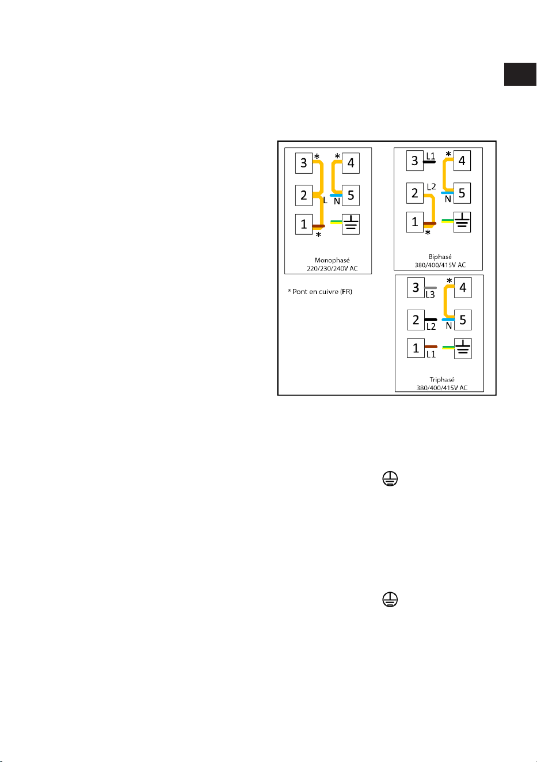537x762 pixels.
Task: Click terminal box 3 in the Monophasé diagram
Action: tap(303, 163)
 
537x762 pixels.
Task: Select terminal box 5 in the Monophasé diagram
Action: tap(351, 195)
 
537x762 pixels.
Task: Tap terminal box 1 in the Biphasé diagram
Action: tap(415, 222)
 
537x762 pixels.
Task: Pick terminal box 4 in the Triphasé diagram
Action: tap(463, 288)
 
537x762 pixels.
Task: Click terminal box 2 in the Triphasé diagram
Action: tap(416, 320)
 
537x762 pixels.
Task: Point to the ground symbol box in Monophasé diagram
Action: tap(351, 224)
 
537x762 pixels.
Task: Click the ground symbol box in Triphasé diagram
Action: tap(463, 348)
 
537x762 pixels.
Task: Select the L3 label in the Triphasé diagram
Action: tap(430, 295)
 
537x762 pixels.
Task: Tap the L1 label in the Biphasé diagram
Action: tap(431, 156)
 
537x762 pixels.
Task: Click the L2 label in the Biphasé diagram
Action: tap(431, 186)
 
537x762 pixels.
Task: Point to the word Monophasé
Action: tap(332, 260)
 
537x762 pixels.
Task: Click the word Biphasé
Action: tap(440, 257)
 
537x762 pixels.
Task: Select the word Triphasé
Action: tap(441, 380)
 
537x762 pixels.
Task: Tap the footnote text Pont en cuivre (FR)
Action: tap(322, 292)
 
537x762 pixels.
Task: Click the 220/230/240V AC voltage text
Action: tap(332, 268)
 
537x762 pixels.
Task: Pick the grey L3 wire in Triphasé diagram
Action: tap(431, 288)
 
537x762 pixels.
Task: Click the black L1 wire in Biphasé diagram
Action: tap(429, 162)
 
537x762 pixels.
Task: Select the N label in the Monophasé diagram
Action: tap(337, 201)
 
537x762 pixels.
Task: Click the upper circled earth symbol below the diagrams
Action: tap(390, 479)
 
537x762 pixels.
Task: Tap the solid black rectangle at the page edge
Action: tap(520, 74)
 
